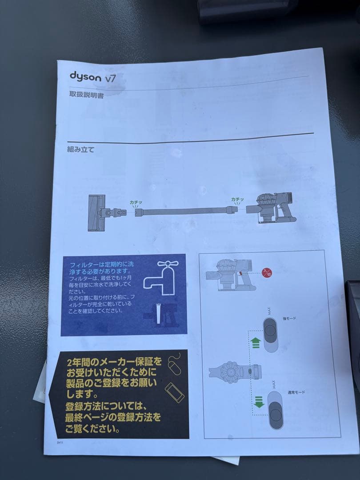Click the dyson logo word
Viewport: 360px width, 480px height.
[x=85, y=76]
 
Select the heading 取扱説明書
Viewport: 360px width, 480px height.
[x=87, y=94]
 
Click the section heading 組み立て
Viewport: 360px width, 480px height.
[x=80, y=149]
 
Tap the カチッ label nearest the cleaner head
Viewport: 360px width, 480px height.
[x=136, y=202]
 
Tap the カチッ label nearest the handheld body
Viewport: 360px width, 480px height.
[x=237, y=200]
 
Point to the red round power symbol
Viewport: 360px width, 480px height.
[x=267, y=272]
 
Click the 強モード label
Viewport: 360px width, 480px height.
[x=289, y=318]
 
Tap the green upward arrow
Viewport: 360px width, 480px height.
[x=256, y=343]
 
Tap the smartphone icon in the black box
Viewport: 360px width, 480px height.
[x=174, y=392]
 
